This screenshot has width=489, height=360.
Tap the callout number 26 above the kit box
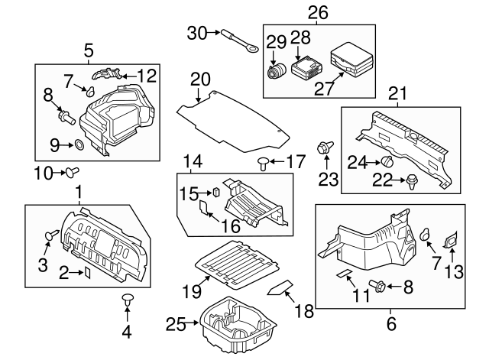[x=318, y=12]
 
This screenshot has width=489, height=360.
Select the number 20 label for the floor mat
[x=199, y=79]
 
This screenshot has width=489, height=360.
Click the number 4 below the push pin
[x=126, y=332]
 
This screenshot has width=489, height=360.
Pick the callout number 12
[x=147, y=75]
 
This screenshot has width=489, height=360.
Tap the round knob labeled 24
[x=387, y=161]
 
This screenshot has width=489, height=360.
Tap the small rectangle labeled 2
[x=87, y=271]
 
